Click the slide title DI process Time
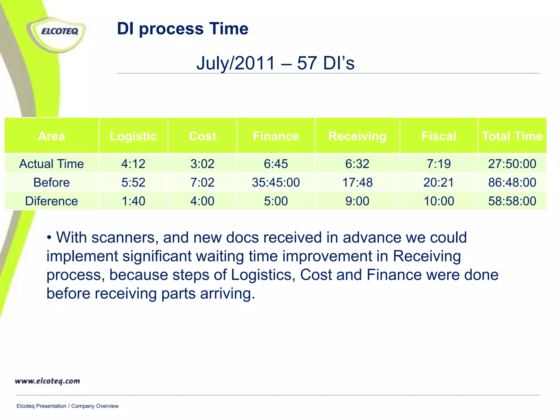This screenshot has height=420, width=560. click(x=182, y=29)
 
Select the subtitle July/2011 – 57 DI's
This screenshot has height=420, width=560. click(x=275, y=63)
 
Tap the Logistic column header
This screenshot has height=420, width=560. click(x=133, y=136)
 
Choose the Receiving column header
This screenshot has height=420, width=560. click(x=357, y=136)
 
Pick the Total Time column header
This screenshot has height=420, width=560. click(x=512, y=136)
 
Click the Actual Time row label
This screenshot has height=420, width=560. click(x=51, y=164)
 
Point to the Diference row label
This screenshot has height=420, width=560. click(x=51, y=201)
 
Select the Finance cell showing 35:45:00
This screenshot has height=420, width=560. click(x=276, y=182)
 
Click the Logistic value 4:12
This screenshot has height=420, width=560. click(x=133, y=164)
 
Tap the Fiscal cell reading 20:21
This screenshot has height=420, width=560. click(x=439, y=182)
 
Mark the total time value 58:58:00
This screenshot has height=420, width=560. click(x=512, y=201)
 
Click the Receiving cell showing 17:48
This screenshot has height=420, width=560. click(x=357, y=182)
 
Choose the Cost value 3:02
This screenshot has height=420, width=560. click(x=202, y=164)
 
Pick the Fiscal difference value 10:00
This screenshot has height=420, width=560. click(x=439, y=201)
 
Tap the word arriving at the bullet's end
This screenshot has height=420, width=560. click(x=227, y=294)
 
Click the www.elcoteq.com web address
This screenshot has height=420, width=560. click(x=48, y=381)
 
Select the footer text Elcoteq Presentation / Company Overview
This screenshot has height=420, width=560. click(x=68, y=406)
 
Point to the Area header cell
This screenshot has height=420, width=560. click(x=51, y=136)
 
